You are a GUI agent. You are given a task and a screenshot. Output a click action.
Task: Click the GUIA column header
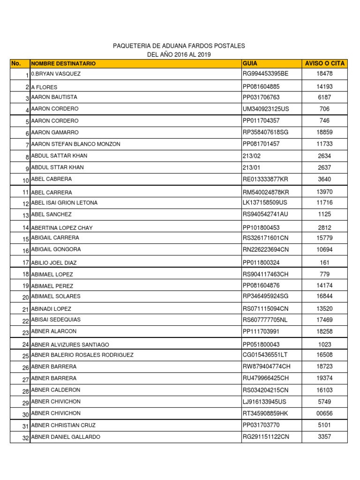250,63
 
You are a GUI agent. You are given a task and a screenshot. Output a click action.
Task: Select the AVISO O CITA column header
325,63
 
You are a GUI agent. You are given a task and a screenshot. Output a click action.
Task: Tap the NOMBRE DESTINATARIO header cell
63,63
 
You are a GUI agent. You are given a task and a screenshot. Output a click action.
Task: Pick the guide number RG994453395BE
266,74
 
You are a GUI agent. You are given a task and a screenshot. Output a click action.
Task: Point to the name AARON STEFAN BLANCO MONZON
75,144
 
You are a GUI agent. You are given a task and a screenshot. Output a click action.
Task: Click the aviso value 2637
324,167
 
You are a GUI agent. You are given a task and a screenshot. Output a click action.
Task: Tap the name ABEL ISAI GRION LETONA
64,203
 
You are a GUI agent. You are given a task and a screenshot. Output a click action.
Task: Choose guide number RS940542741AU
266,214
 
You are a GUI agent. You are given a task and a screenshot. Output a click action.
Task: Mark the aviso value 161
324,263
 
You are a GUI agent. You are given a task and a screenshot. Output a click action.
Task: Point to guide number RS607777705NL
266,320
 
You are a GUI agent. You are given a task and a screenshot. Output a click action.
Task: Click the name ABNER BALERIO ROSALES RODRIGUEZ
82,355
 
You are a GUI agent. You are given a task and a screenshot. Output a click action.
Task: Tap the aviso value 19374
324,378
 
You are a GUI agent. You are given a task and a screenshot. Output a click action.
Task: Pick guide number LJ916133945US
265,402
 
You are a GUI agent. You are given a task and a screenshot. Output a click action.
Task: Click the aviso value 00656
324,413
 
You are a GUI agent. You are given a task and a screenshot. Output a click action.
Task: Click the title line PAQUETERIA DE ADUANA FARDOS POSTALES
179,46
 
